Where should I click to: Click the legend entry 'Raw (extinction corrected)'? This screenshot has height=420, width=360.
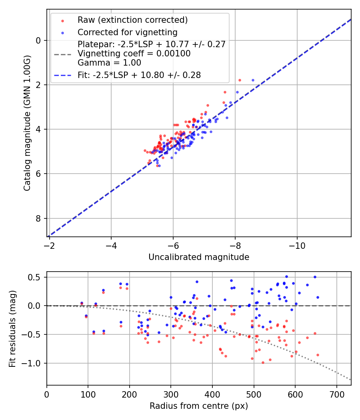click(132, 20)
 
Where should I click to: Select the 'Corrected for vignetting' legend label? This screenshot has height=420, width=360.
click(128, 32)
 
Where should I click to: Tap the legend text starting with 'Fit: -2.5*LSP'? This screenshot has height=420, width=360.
click(139, 75)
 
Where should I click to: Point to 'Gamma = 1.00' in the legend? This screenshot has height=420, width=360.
click(109, 62)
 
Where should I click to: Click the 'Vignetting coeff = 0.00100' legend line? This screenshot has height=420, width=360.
click(134, 54)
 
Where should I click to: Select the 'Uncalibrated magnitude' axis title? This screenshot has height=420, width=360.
click(199, 257)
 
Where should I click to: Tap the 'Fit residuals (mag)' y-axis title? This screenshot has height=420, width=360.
click(12, 329)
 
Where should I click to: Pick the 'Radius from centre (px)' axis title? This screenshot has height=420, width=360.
click(199, 406)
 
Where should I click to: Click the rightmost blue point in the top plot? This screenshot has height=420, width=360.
click(253, 80)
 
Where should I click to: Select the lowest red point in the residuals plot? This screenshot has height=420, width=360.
click(263, 362)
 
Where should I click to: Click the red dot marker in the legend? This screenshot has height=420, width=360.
click(62, 20)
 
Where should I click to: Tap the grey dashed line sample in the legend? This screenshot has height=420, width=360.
click(62, 54)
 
